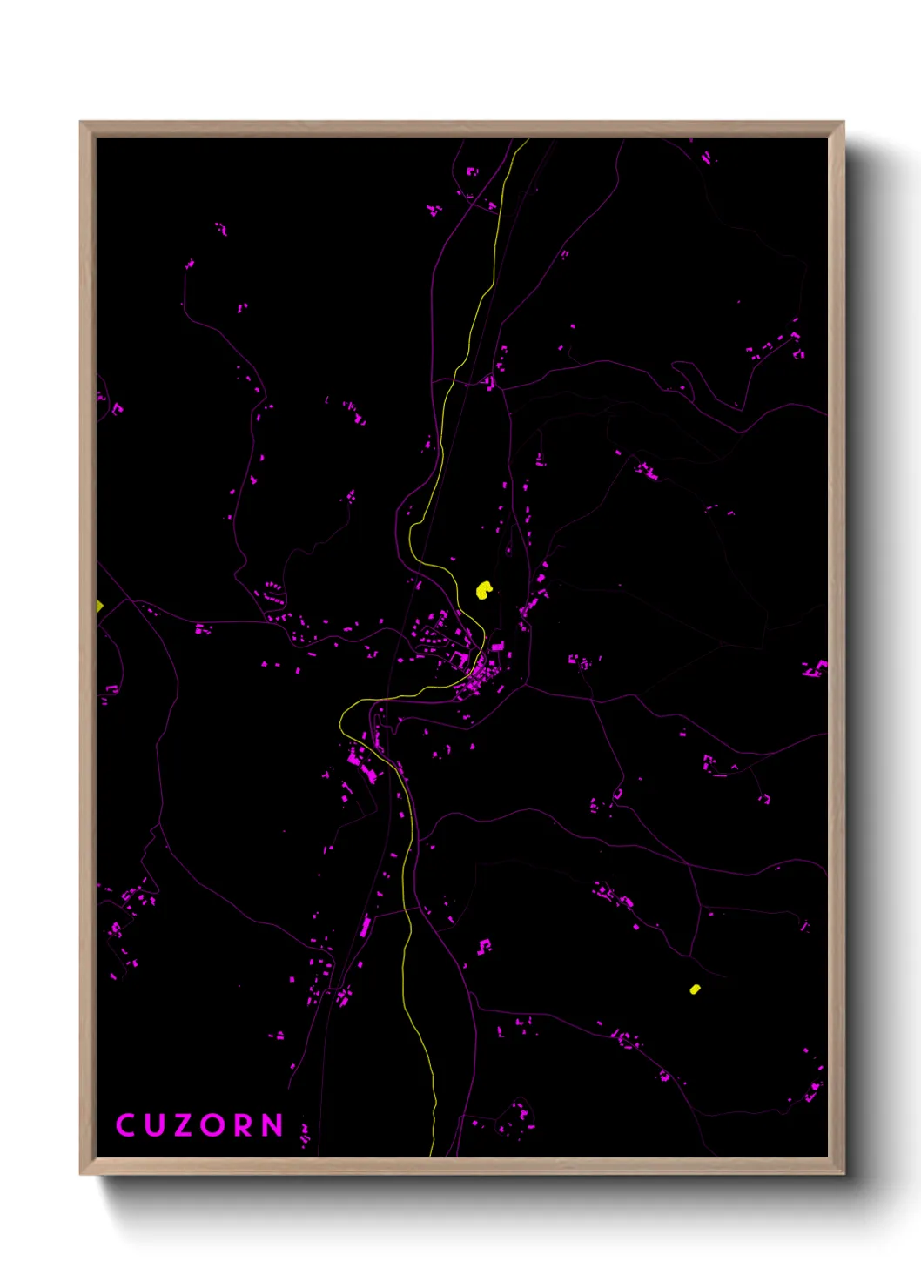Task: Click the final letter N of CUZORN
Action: (x=274, y=1125)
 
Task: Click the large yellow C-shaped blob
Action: (x=484, y=590)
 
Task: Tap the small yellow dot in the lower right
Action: (x=695, y=989)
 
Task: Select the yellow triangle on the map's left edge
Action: (x=99, y=606)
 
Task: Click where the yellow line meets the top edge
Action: (x=527, y=140)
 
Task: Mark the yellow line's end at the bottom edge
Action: (x=433, y=1155)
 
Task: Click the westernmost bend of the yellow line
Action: (x=340, y=719)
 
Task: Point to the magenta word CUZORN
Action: (x=199, y=1125)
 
